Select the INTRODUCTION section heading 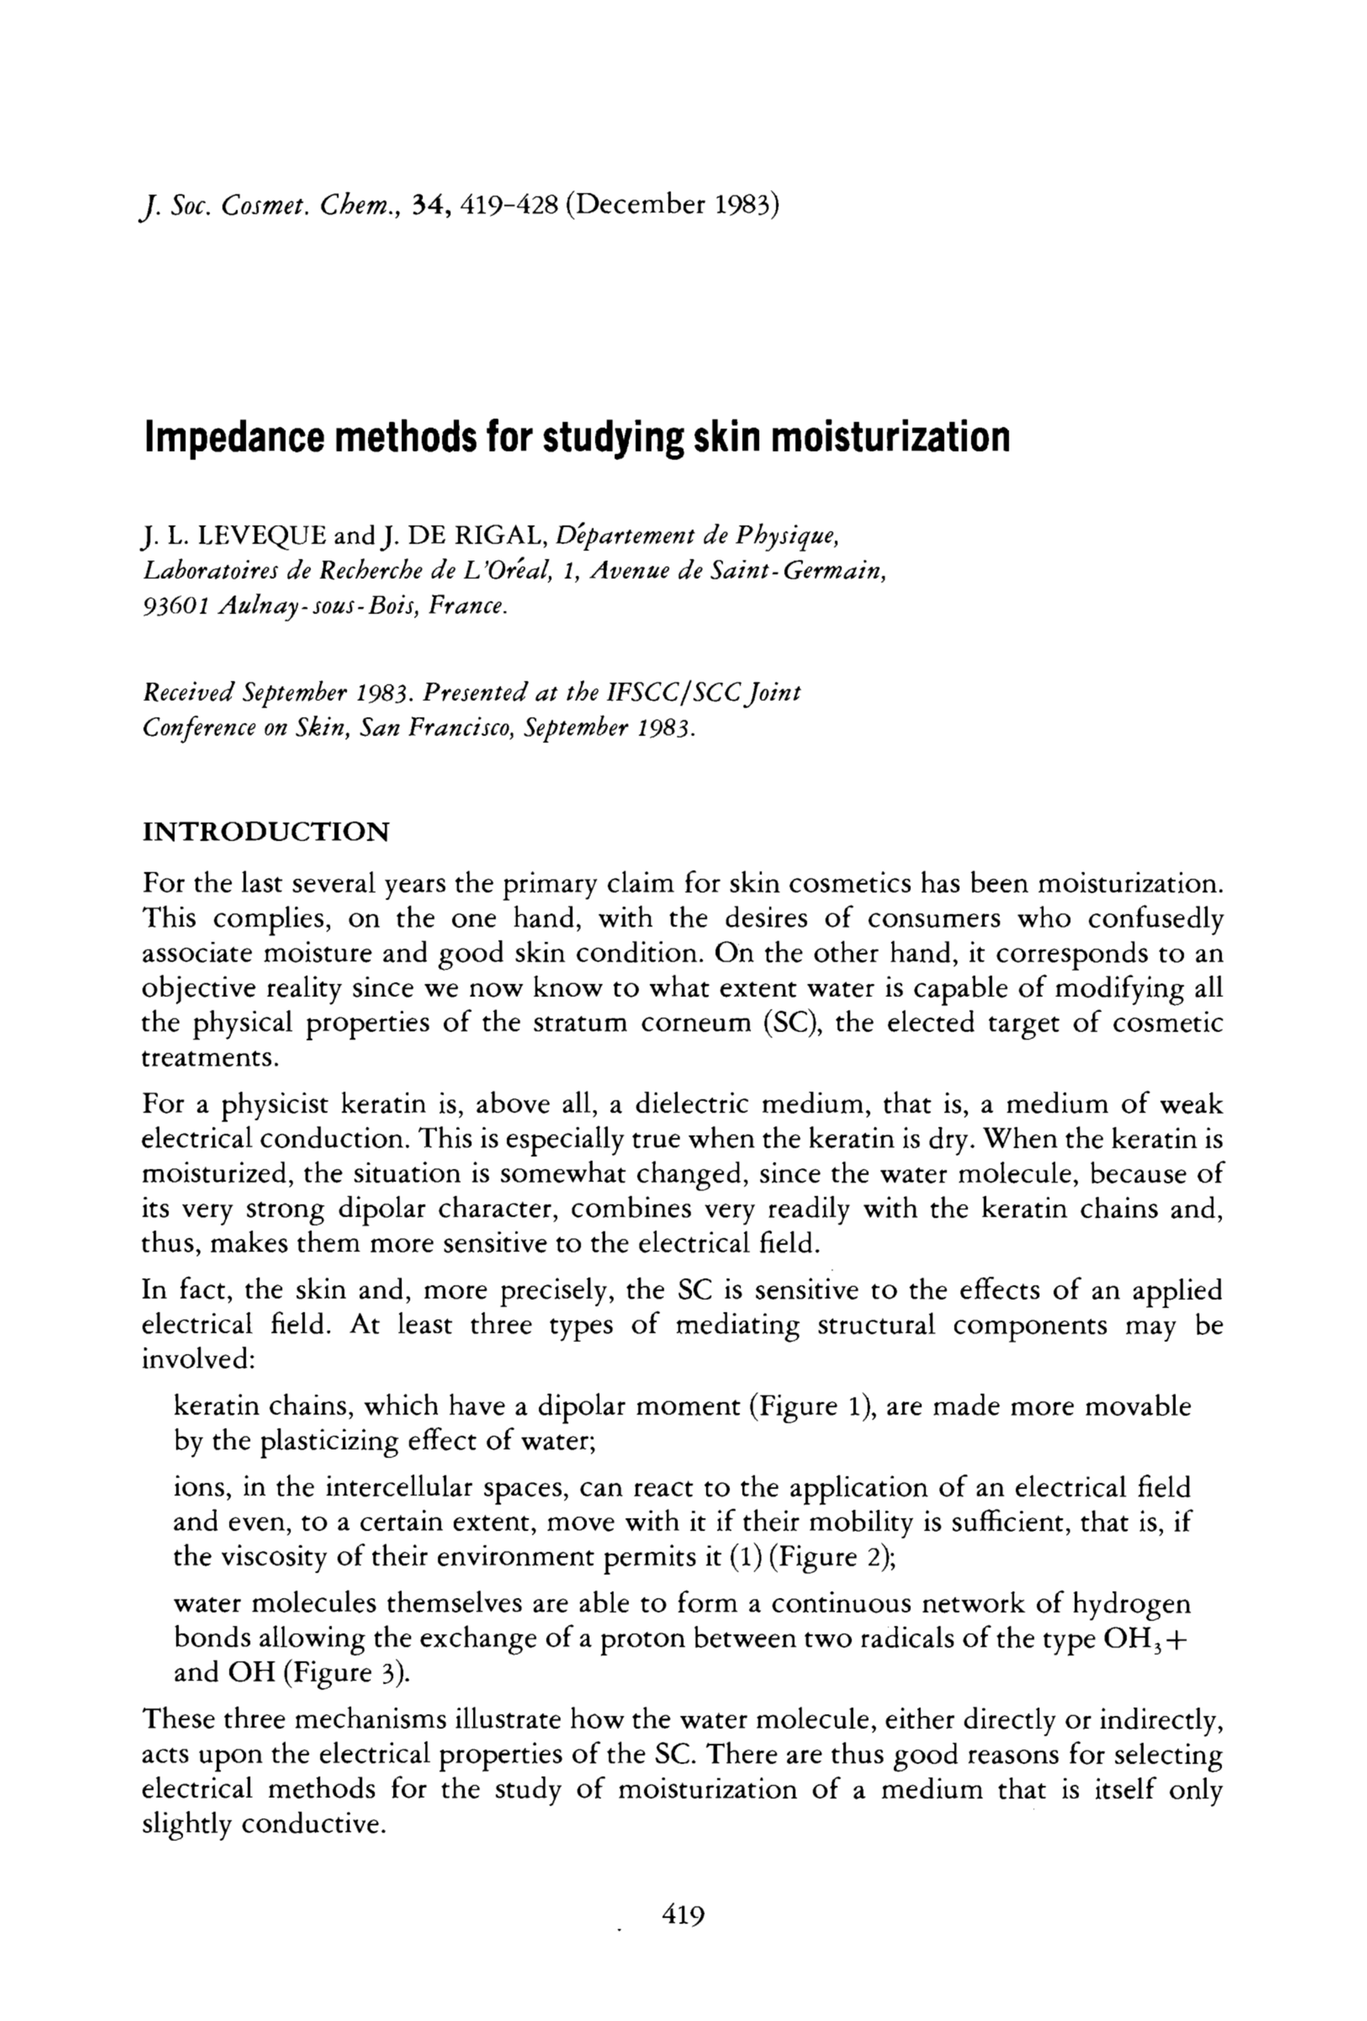[x=265, y=832]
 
